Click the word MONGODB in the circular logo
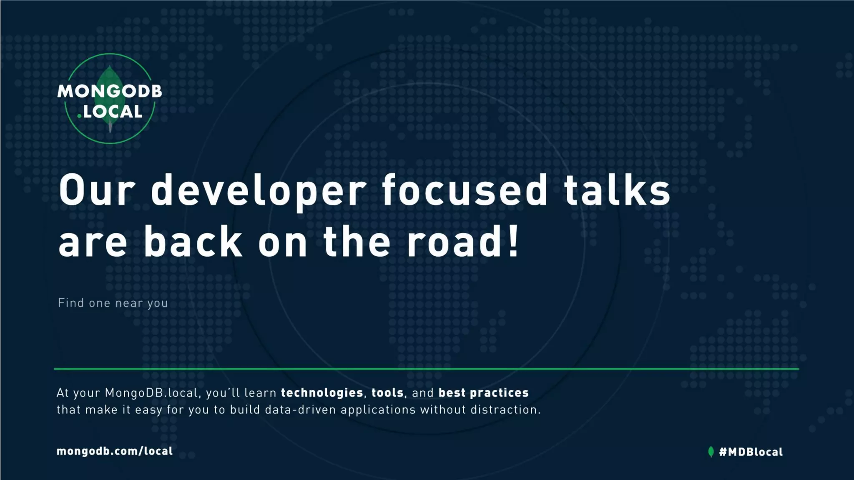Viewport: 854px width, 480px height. (110, 91)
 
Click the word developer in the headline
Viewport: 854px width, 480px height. (259, 190)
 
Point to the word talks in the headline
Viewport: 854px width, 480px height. (617, 190)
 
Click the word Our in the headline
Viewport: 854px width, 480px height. (97, 190)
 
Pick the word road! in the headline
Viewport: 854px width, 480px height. (463, 242)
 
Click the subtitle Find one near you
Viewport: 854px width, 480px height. (113, 303)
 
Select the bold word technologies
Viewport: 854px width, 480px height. (322, 393)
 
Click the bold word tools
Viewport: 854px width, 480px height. (387, 393)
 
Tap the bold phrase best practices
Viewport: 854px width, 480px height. (483, 393)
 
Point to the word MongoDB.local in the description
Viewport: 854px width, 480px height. (151, 393)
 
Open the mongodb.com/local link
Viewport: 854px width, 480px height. (115, 451)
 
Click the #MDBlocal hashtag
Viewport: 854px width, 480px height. (751, 452)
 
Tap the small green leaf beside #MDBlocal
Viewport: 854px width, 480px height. (711, 452)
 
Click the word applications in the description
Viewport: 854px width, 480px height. (378, 410)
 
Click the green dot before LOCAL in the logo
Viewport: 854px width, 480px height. (79, 116)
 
